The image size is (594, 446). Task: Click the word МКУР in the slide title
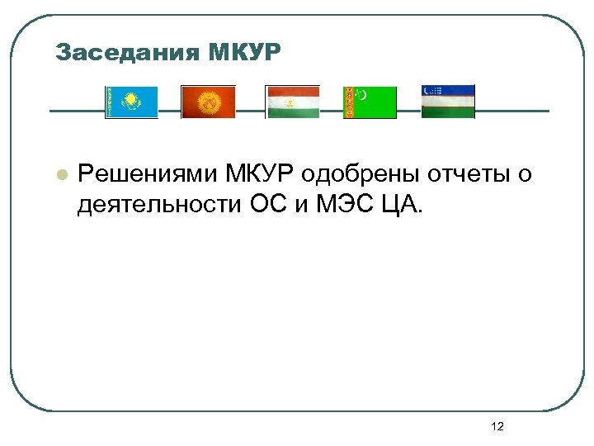pyautogui.click(x=244, y=54)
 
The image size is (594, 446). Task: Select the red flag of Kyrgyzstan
pyautogui.click(x=208, y=102)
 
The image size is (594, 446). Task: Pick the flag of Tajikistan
pyautogui.click(x=292, y=102)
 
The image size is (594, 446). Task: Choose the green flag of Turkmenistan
pyautogui.click(x=370, y=102)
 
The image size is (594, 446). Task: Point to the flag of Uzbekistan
pyautogui.click(x=448, y=102)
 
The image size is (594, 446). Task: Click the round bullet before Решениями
pyautogui.click(x=59, y=175)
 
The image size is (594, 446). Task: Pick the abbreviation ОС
pyautogui.click(x=265, y=204)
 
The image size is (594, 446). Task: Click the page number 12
pyautogui.click(x=497, y=426)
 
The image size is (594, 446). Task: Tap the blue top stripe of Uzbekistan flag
pyautogui.click(x=448, y=90)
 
